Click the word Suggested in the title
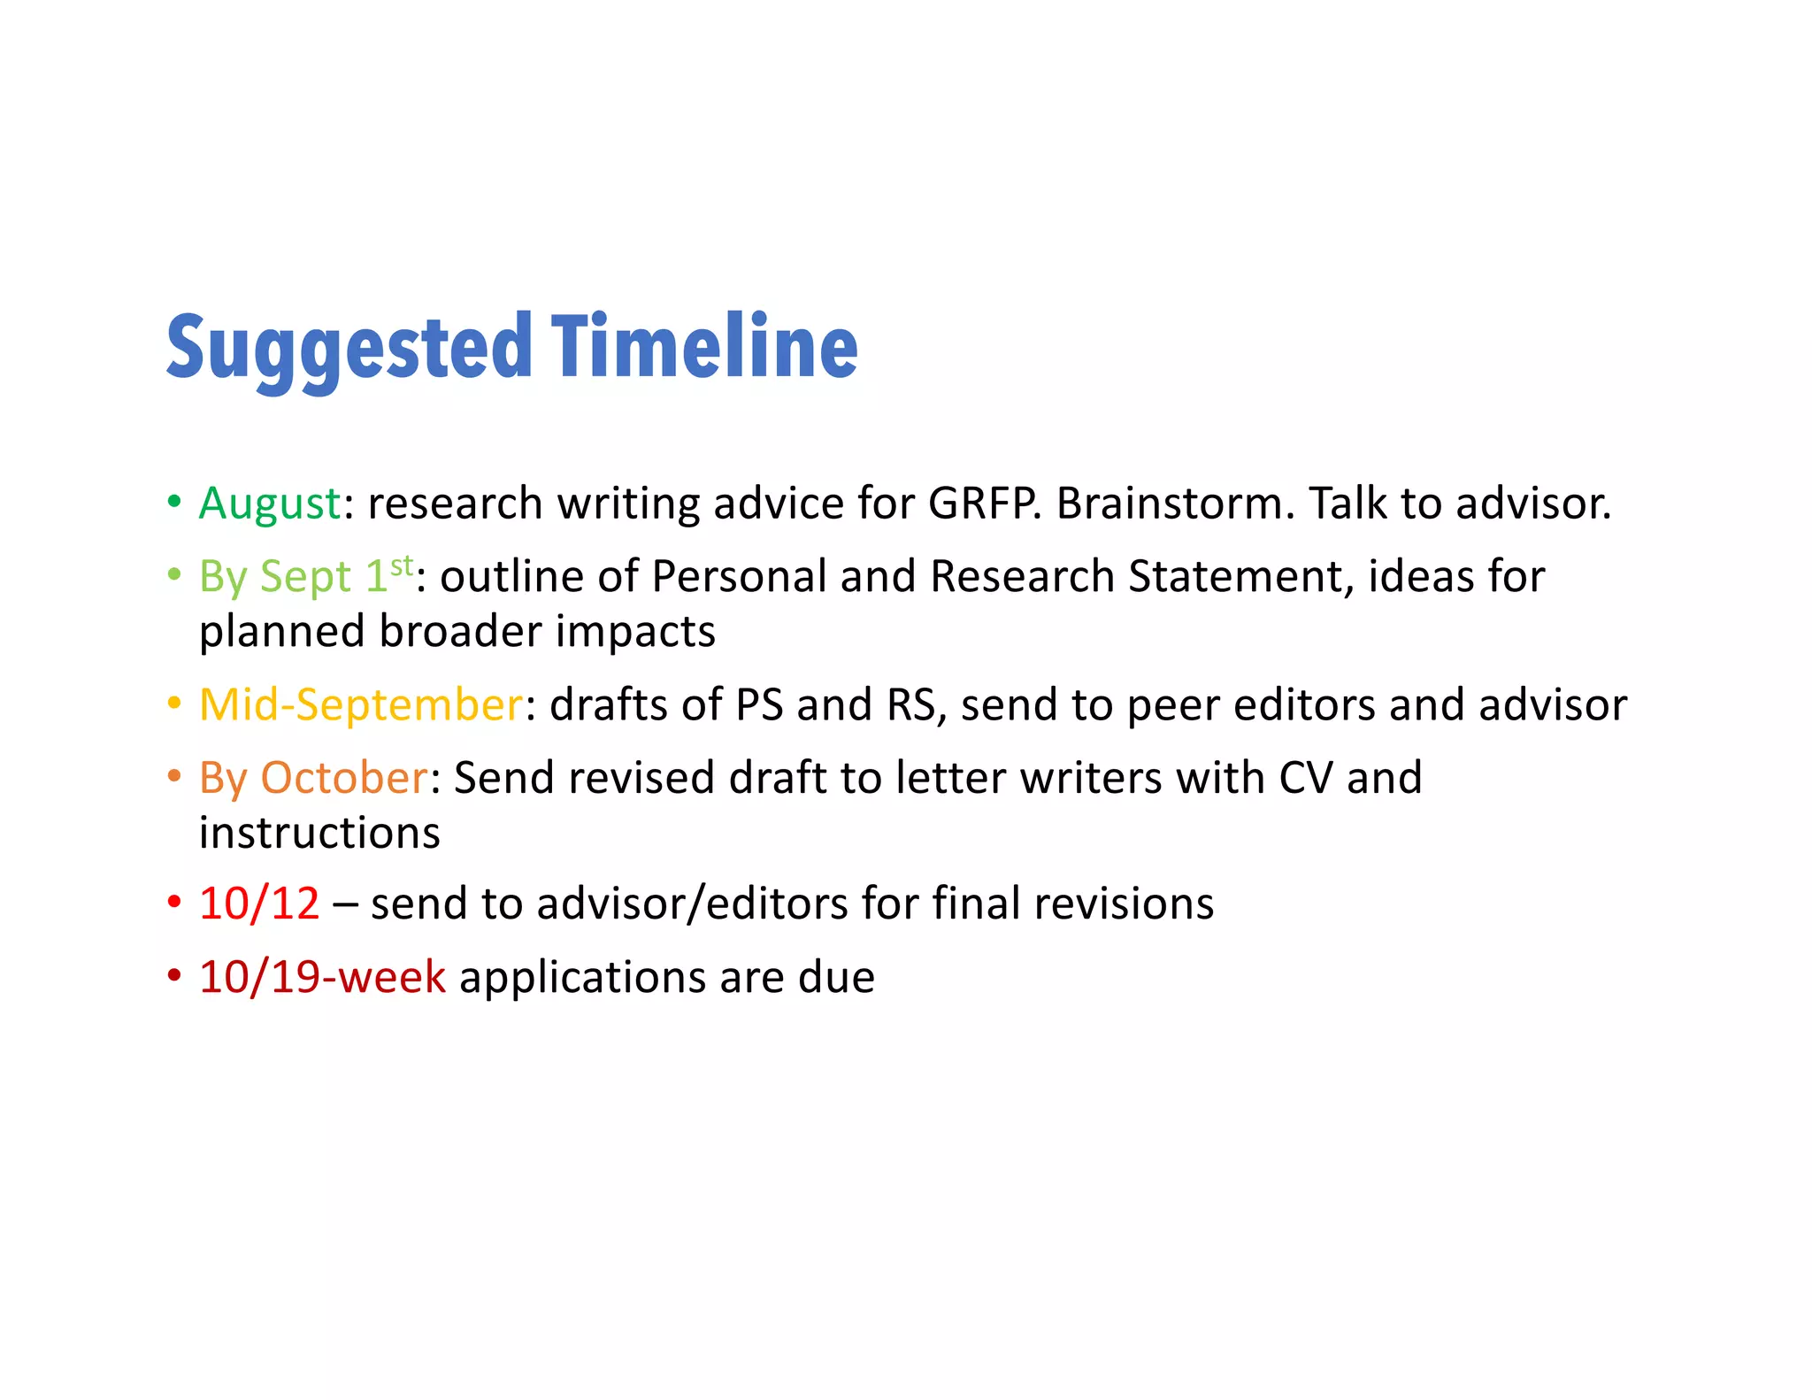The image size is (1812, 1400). [349, 347]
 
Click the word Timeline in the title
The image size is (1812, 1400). [704, 347]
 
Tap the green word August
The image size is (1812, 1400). [270, 504]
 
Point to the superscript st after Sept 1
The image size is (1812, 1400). [402, 565]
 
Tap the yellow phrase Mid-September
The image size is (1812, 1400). [361, 705]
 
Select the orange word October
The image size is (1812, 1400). [344, 778]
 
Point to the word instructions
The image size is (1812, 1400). [319, 834]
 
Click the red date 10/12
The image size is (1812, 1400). [259, 904]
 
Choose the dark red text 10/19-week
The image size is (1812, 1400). [322, 978]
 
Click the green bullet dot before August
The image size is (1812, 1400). [174, 502]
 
